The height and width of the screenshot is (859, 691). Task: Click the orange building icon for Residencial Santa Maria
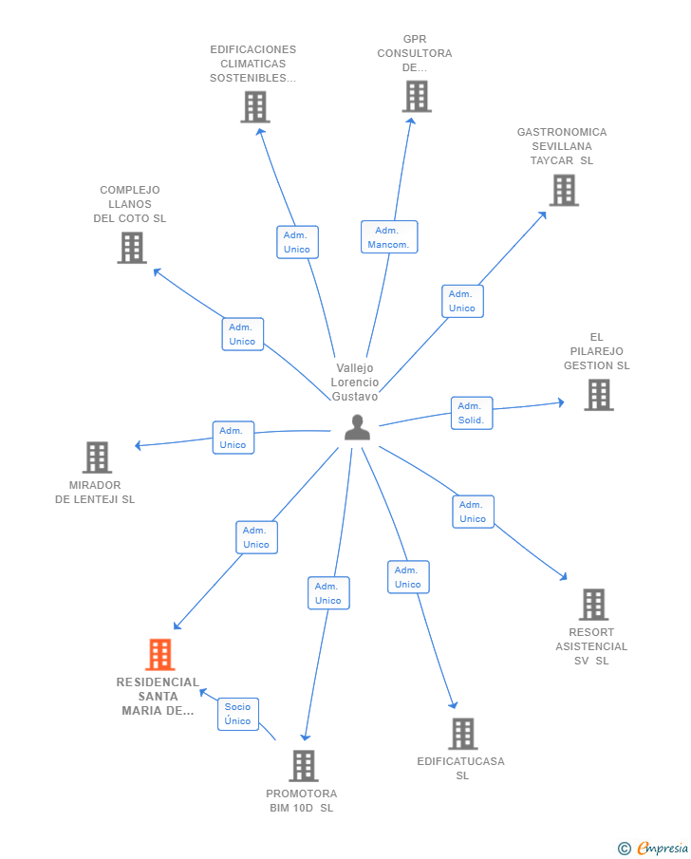[160, 654]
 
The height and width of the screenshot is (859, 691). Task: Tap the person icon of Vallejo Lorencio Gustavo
[357, 427]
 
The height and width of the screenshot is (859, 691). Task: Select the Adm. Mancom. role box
[389, 236]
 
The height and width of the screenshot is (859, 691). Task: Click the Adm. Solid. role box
[472, 413]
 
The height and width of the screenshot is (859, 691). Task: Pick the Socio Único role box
[238, 714]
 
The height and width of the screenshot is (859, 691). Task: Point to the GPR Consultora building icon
[417, 97]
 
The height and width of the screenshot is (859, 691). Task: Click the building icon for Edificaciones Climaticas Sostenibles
[255, 107]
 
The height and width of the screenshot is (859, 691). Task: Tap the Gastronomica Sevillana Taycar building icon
[565, 190]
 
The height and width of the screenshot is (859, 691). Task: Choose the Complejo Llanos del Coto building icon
[132, 248]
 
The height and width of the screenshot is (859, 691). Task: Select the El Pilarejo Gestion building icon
[599, 395]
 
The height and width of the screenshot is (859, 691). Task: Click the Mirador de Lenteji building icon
[98, 457]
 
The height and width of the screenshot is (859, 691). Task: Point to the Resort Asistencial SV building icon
[594, 605]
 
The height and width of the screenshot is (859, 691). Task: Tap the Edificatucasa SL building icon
[463, 734]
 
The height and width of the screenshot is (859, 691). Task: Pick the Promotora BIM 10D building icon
[304, 766]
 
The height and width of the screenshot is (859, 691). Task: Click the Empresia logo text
[663, 848]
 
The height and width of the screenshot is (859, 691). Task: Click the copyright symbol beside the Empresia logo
[625, 849]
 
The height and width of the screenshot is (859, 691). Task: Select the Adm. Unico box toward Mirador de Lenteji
[233, 438]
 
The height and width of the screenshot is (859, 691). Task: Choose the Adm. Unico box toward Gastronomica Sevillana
[462, 301]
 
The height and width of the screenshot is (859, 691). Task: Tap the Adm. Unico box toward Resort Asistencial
[473, 512]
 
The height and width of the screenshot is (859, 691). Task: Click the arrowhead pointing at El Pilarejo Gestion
[561, 402]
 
